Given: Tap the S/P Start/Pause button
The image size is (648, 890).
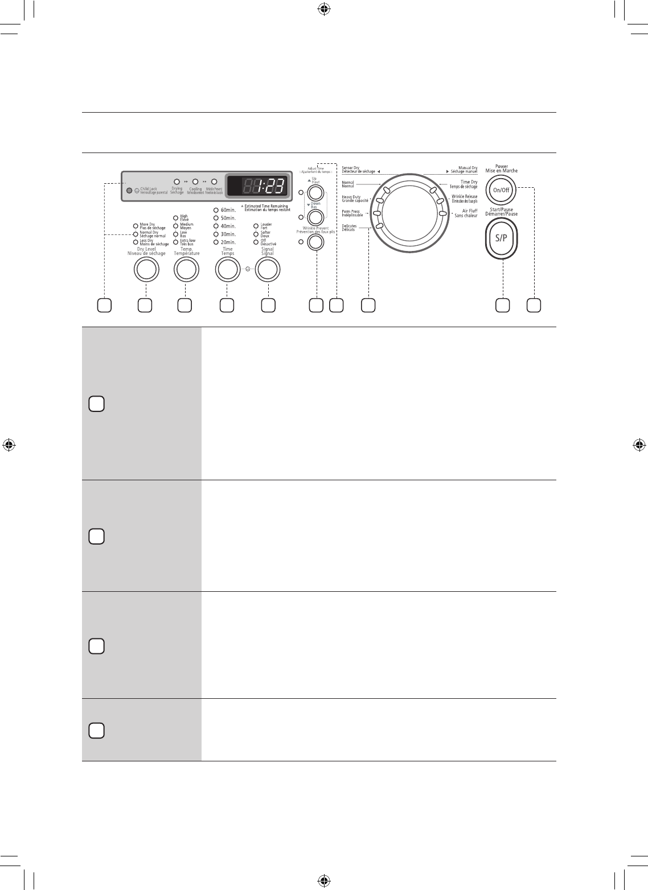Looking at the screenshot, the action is pos(501,239).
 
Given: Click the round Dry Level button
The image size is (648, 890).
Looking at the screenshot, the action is pos(146,270).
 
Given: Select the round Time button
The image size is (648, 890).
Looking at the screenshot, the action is pos(227,270).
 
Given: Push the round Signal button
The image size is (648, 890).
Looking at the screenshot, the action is pos(268,270).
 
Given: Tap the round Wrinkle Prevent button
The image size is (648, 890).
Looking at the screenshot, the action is pos(315,242).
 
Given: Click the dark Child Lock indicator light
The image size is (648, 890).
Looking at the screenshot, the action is pos(129,191).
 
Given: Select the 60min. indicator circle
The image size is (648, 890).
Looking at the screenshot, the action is pos(216,210).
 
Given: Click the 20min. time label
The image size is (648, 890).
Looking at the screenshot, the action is pos(228,242).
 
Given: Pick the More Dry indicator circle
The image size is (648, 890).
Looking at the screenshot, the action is pos(136,225).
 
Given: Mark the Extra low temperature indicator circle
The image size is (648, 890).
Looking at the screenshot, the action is pos(175,241).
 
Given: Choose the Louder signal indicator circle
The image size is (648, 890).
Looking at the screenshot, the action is pos(256,225).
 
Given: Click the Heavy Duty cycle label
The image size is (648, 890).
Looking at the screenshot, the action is pos(355,199).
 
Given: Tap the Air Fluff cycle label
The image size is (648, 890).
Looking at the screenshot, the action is pos(466,213).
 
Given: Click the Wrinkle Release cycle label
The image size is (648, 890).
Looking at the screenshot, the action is pos(464,199).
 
